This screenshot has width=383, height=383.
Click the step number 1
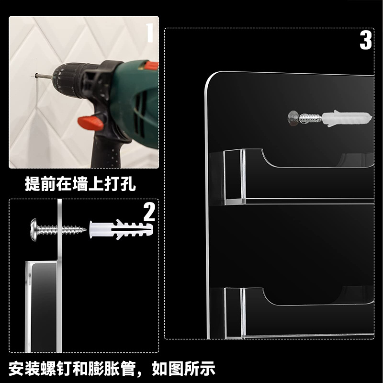click(x=150, y=33)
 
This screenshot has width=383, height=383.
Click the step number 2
click(x=149, y=212)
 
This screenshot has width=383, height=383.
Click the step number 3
click(x=366, y=40)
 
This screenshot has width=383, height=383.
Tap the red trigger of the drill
click(x=91, y=123)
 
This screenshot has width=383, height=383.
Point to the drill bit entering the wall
click(x=44, y=76)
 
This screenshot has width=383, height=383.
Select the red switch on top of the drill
click(x=151, y=65)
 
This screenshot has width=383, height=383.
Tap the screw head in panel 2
click(x=34, y=230)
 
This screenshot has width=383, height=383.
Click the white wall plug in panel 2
click(x=121, y=230)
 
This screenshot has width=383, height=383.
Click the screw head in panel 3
click(x=293, y=118)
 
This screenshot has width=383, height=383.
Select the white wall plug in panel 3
click(x=347, y=118)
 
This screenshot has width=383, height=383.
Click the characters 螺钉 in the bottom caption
click(x=56, y=368)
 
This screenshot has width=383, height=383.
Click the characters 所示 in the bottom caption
click(x=199, y=368)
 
